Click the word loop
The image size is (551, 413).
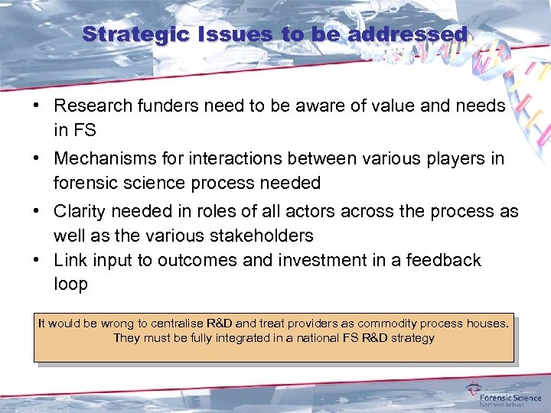click(70, 284)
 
